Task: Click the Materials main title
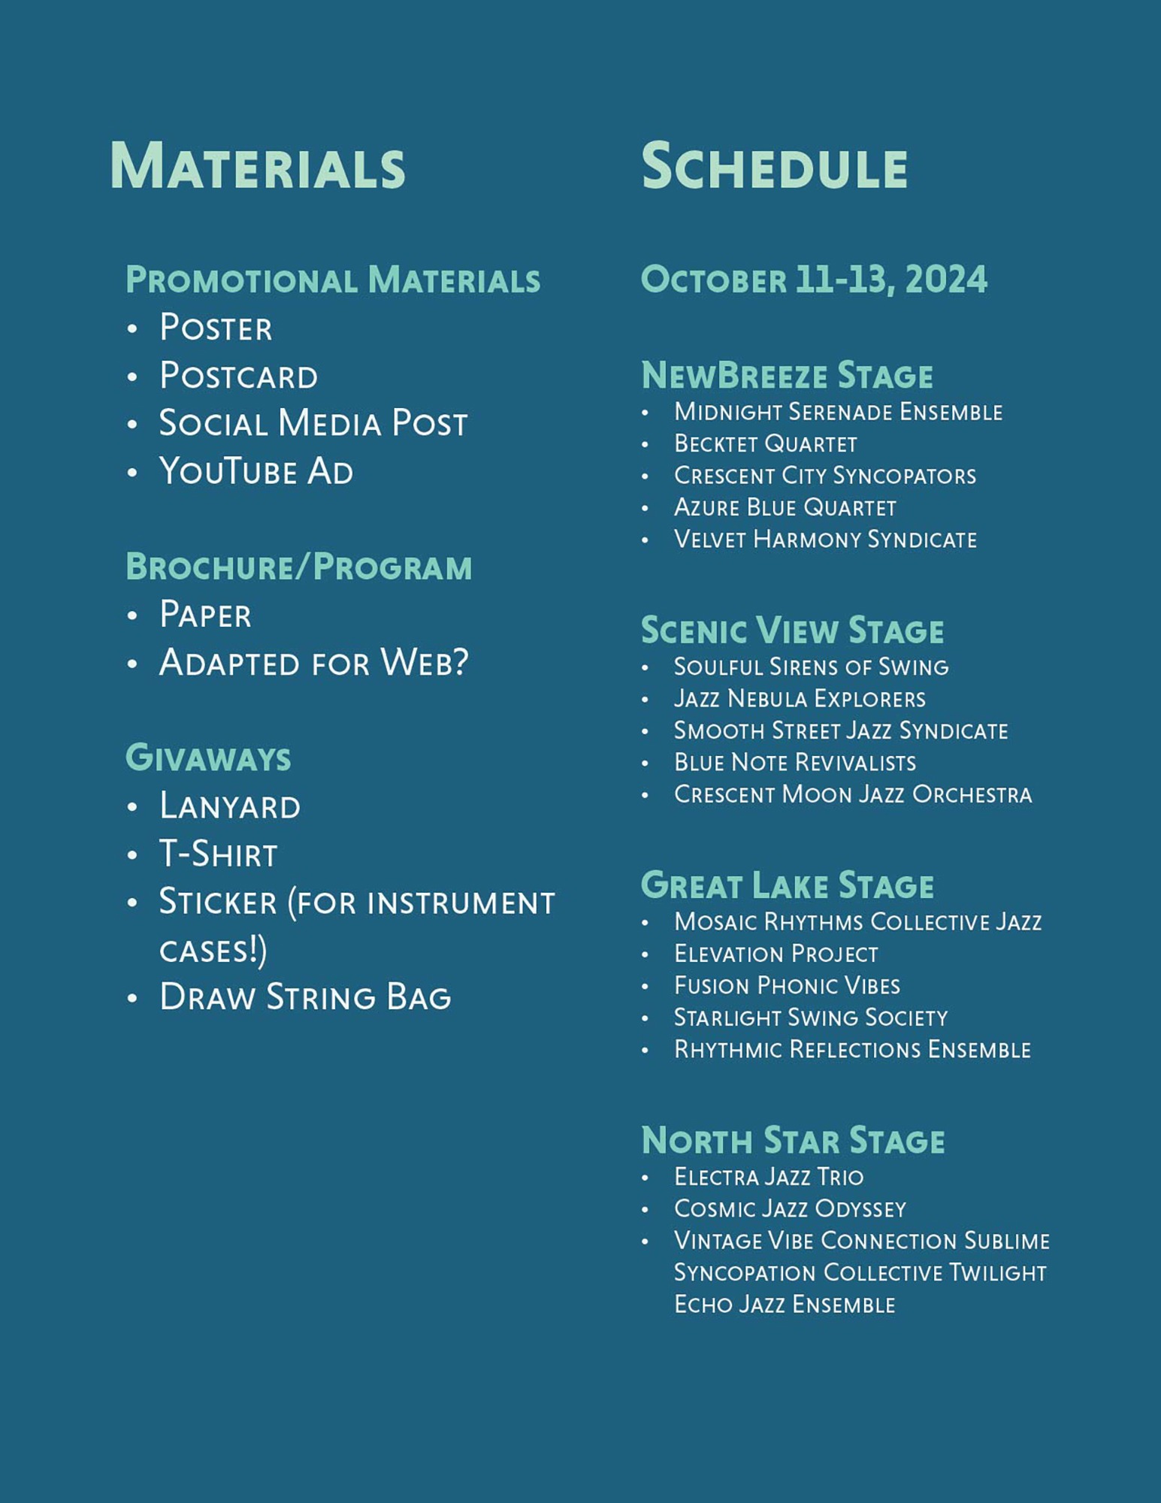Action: [x=257, y=166]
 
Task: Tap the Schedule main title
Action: [x=774, y=166]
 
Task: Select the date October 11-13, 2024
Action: [x=814, y=280]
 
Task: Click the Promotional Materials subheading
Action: [x=333, y=280]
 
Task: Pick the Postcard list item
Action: [x=238, y=376]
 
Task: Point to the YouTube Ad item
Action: [x=255, y=472]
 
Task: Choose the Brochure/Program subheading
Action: [x=298, y=567]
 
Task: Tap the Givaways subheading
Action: [x=208, y=758]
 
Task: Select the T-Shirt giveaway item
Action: [x=218, y=854]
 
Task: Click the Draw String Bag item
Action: [x=304, y=997]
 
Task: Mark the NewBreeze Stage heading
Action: [x=787, y=376]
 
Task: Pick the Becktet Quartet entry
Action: [x=765, y=444]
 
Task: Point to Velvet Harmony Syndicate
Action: [x=825, y=540]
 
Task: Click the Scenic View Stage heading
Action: [x=792, y=631]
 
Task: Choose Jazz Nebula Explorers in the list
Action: [x=800, y=699]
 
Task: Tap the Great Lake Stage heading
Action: [x=787, y=885]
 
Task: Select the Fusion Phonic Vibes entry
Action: [x=787, y=985]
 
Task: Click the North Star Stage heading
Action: [x=792, y=1140]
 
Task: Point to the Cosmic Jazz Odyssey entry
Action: [x=790, y=1208]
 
